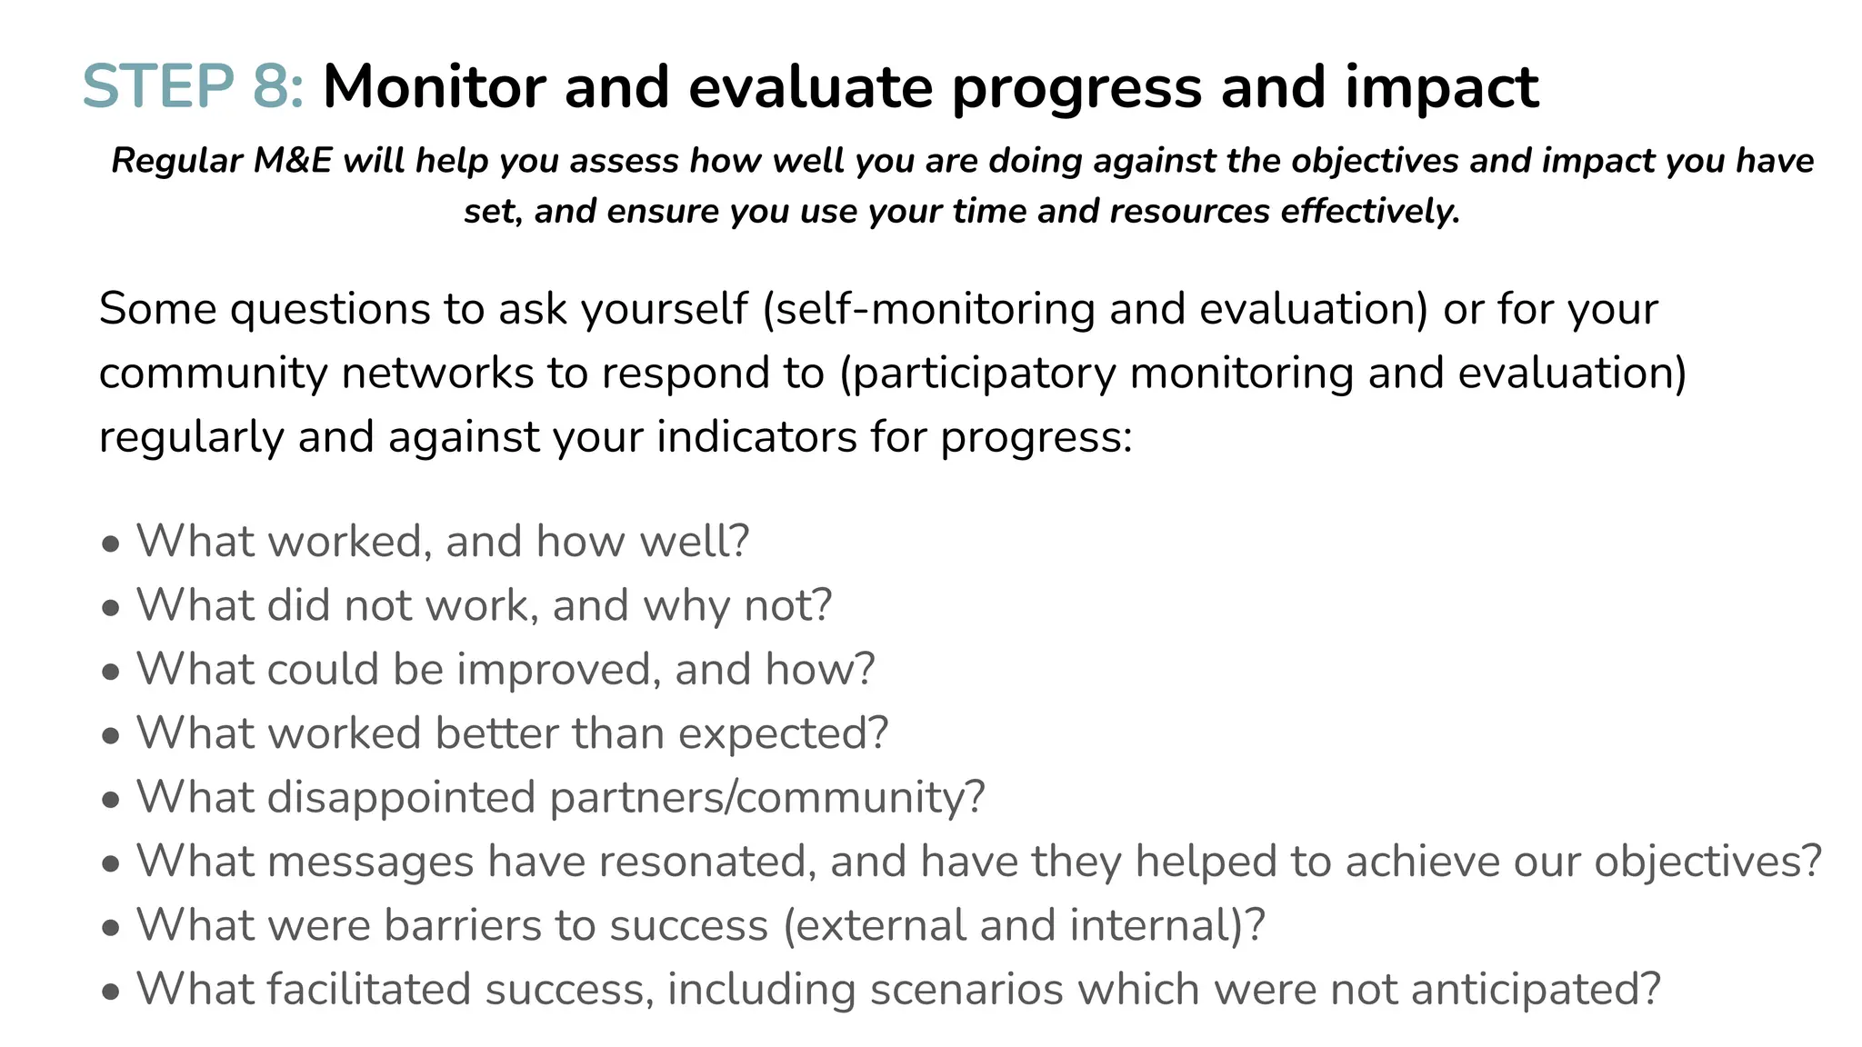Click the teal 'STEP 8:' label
pyautogui.click(x=193, y=87)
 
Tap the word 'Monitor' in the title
pyautogui.click(x=433, y=87)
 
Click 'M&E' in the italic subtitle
pyautogui.click(x=293, y=161)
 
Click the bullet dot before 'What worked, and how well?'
pyautogui.click(x=111, y=544)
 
